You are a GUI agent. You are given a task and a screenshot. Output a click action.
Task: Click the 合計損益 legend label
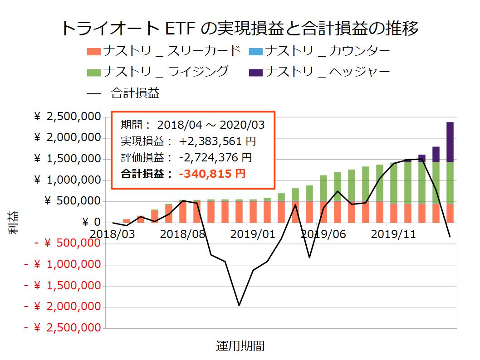[135, 93]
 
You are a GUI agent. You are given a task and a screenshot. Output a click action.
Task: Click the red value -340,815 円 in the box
[211, 174]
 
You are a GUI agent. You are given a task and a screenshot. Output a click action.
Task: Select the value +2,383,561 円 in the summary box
[217, 141]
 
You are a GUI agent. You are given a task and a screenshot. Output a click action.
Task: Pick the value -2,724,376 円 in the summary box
[216, 157]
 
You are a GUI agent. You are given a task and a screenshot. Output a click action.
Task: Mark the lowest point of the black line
[239, 305]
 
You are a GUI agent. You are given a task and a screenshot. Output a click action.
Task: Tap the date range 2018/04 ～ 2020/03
[211, 125]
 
